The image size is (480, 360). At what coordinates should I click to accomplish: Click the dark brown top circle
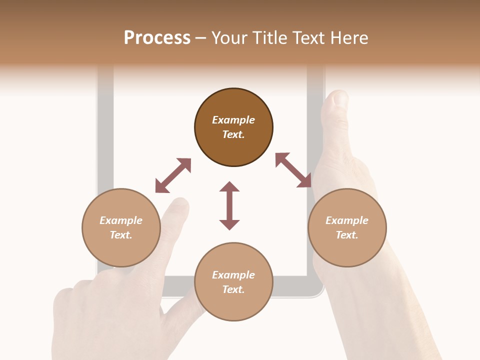pos(233,127)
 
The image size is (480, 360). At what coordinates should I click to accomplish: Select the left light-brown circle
pos(121,227)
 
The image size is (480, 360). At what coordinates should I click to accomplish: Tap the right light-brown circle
pos(347,227)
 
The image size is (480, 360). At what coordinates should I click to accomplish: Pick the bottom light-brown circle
pos(233,282)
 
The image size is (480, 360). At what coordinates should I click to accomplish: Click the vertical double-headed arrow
pos(229,205)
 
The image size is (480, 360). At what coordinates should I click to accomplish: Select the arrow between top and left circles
pos(173,175)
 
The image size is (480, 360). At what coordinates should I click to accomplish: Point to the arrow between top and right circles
pos(293,170)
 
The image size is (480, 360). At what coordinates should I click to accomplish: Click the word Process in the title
pos(157,37)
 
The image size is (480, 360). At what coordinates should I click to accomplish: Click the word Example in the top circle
pos(233,120)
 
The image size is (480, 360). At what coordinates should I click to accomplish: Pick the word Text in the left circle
pos(121,235)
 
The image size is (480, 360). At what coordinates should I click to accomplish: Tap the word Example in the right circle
pos(347,220)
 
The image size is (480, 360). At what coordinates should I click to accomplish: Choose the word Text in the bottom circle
pos(233,289)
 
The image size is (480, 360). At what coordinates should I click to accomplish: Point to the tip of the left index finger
pos(180,202)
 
